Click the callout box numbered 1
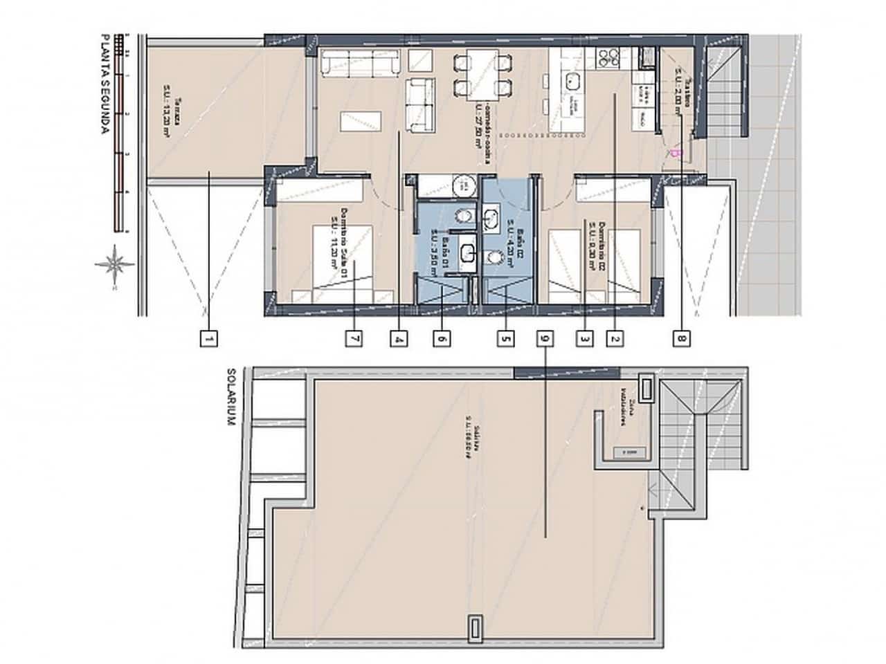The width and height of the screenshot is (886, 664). tap(208, 339)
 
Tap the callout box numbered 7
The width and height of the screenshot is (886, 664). tap(354, 339)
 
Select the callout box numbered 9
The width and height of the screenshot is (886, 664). tap(546, 339)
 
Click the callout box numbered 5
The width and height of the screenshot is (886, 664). tap(507, 339)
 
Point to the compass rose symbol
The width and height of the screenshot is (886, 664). tap(114, 263)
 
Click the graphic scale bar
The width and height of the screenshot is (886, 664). tap(121, 131)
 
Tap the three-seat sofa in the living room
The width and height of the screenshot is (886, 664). tap(361, 63)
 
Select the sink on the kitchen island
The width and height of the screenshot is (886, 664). tap(572, 81)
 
